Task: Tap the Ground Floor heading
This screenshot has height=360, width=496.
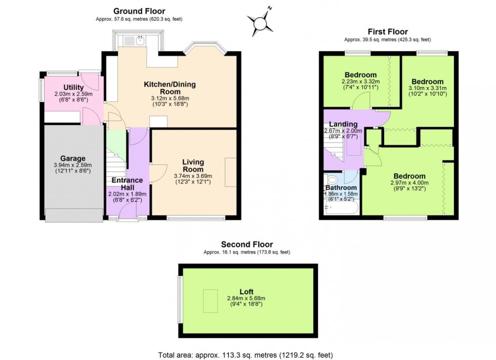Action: [x=139, y=11]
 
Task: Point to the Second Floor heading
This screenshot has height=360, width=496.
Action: [x=246, y=244]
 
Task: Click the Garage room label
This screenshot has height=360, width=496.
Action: [x=70, y=158]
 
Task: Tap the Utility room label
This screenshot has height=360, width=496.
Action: [x=73, y=87]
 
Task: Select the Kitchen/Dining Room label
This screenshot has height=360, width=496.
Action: [x=170, y=88]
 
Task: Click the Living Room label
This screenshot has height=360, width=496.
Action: [x=193, y=165]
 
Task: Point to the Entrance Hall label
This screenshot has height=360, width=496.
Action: [x=127, y=184]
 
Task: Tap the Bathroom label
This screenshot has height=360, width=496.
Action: [x=341, y=187]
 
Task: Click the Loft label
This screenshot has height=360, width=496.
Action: [x=246, y=291]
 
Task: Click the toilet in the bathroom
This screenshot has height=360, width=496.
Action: [x=332, y=179]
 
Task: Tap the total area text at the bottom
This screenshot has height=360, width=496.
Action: [x=246, y=355]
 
